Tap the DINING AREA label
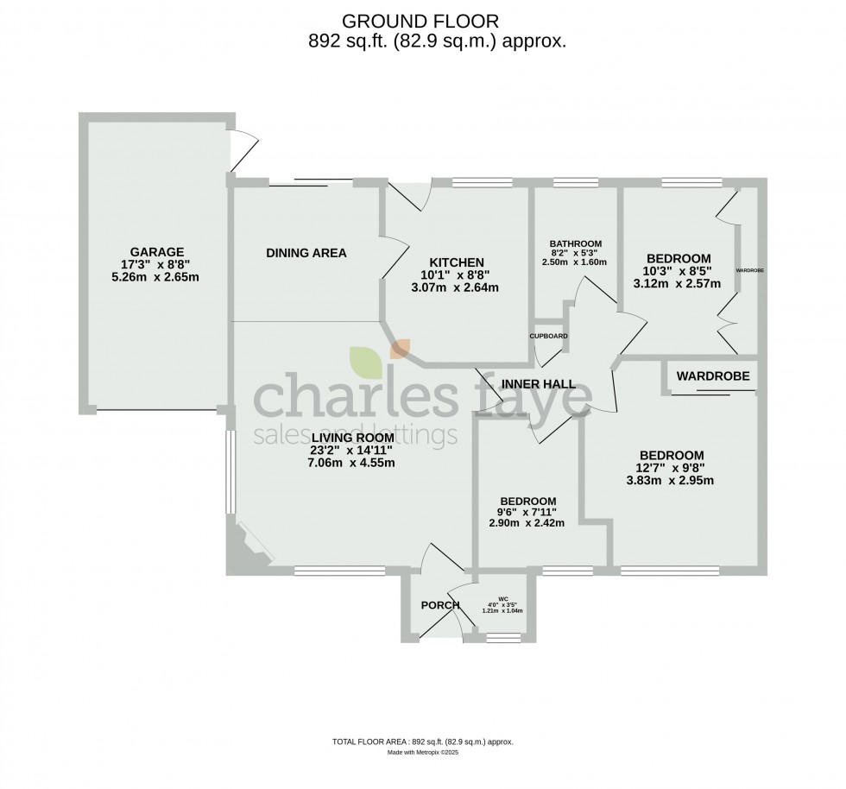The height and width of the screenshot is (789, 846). [x=306, y=253]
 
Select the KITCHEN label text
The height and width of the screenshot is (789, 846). [x=457, y=262]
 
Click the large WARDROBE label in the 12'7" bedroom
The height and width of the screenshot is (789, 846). [x=711, y=376]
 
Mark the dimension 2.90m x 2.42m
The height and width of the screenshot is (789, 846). [x=527, y=523]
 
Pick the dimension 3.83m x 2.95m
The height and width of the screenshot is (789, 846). [x=671, y=482]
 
